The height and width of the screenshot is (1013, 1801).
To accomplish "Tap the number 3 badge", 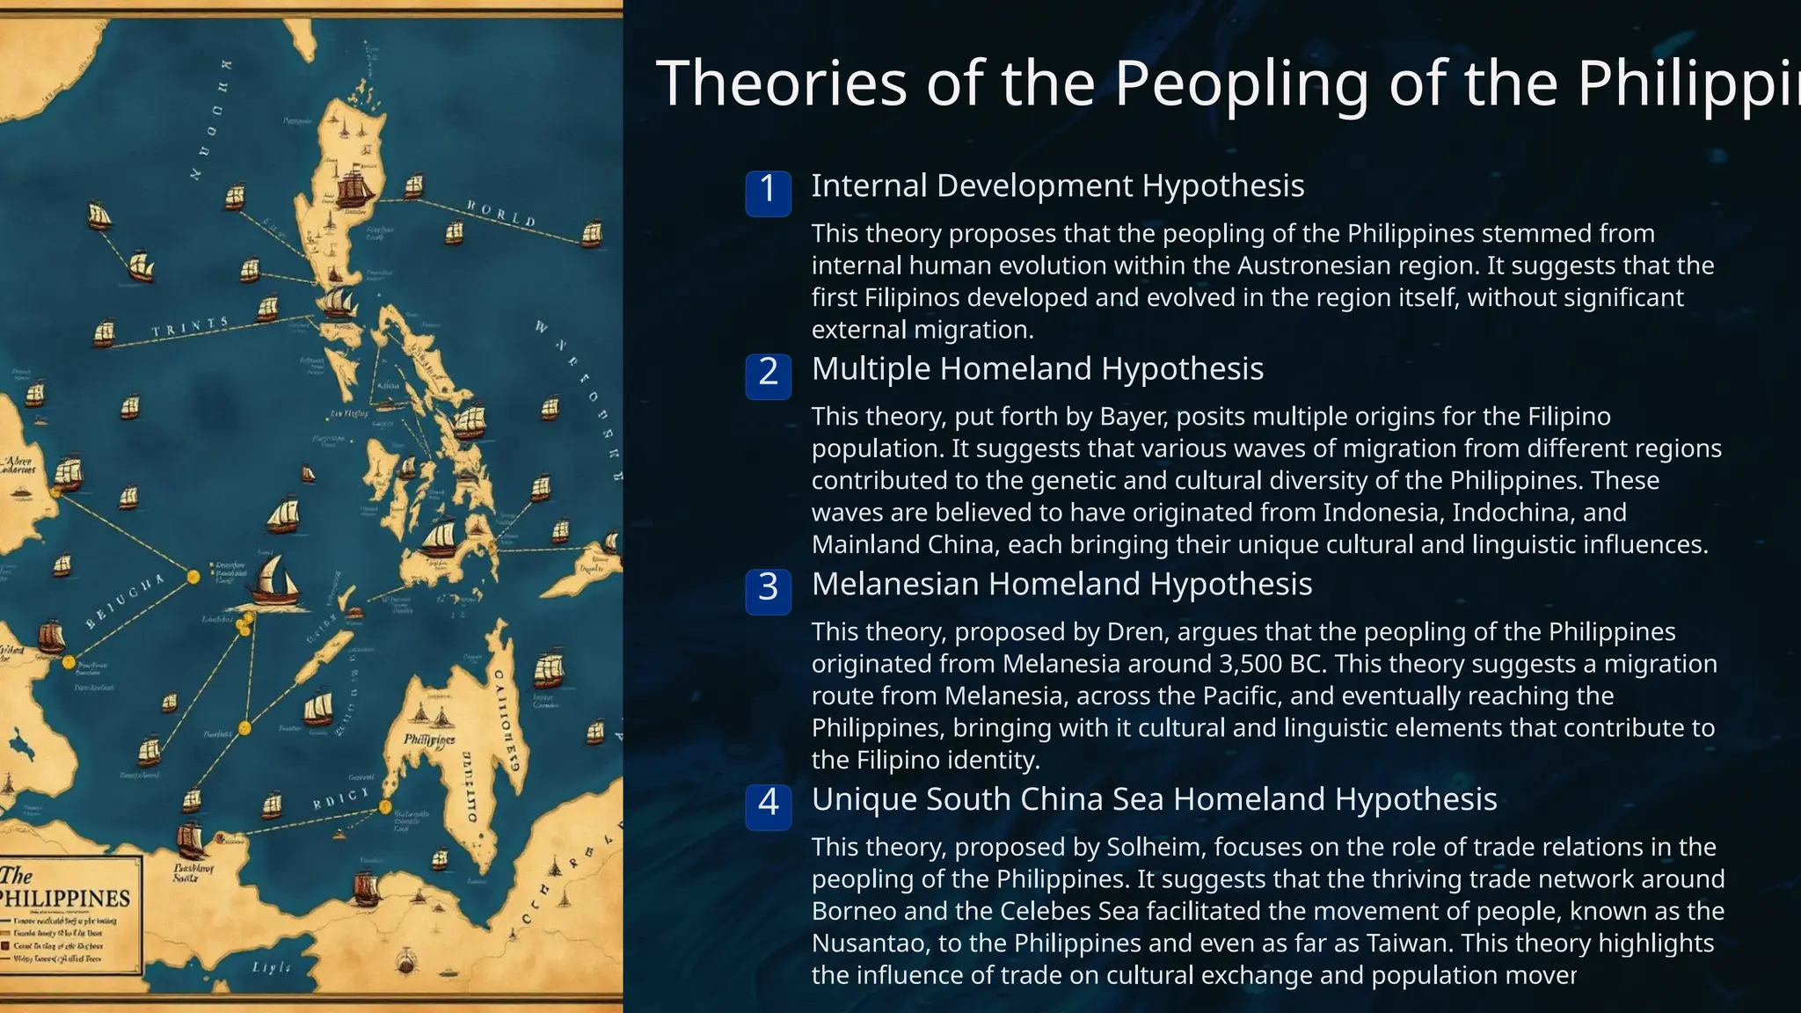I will (x=768, y=588).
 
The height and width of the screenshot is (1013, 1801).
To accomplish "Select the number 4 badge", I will (x=768, y=804).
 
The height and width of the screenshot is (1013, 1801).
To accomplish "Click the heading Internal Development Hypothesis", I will (x=1057, y=186).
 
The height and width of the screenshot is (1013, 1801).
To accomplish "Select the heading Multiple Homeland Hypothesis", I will (x=1037, y=369).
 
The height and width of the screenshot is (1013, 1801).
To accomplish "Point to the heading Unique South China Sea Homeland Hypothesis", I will (x=1154, y=800).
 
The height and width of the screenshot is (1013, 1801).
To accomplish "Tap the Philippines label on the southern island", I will (x=429, y=740).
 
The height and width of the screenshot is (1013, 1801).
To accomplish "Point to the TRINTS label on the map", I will (x=190, y=328).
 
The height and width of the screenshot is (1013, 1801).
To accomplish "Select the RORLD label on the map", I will (x=500, y=213).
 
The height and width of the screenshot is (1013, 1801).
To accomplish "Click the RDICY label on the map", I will (x=341, y=799).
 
